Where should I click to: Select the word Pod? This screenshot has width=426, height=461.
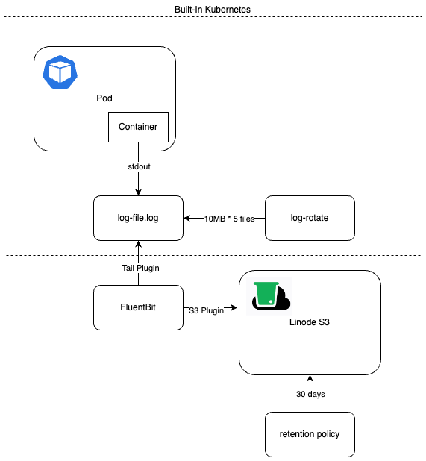click(104, 98)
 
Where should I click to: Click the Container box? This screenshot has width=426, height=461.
click(138, 127)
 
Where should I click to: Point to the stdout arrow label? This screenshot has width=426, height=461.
click(138, 167)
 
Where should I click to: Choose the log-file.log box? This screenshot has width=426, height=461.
click(138, 218)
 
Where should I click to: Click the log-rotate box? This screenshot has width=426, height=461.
click(310, 218)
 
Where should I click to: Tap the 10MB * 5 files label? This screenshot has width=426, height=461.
click(224, 218)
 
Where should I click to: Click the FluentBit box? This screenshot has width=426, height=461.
click(138, 307)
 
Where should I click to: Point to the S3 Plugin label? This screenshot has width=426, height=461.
click(205, 311)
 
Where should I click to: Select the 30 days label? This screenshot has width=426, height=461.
click(310, 393)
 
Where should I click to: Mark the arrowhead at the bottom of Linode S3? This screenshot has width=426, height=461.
click(310, 378)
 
